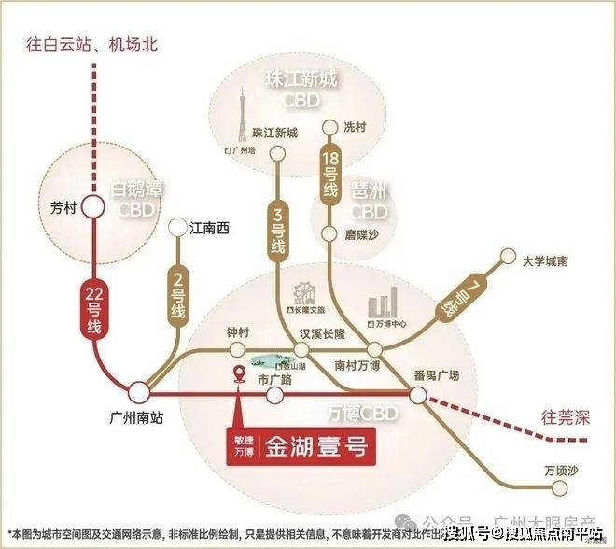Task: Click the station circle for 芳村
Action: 93,207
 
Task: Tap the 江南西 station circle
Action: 178,227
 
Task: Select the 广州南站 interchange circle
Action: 139,392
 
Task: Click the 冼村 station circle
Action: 328,126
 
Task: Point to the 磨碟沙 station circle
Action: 329,232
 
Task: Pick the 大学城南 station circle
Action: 509,255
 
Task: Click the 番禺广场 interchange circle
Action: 418,395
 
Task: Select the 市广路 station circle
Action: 274,396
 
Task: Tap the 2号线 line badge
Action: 177,296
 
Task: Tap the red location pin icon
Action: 240,376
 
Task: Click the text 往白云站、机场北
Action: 93,43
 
